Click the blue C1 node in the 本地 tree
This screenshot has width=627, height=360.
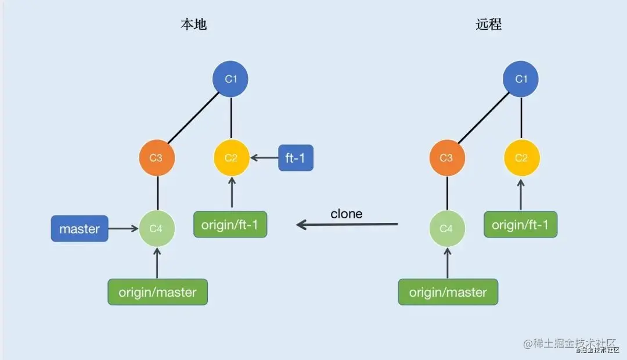pyautogui.click(x=231, y=78)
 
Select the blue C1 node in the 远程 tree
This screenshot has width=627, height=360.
pyautogui.click(x=521, y=78)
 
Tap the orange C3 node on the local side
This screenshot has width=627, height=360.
pyautogui.click(x=157, y=158)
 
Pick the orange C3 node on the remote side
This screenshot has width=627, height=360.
pyautogui.click(x=446, y=158)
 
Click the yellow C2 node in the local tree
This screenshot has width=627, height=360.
pyautogui.click(x=231, y=158)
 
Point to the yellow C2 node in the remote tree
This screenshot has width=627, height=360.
pyautogui.click(x=521, y=158)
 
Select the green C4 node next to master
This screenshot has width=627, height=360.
pyautogui.click(x=157, y=228)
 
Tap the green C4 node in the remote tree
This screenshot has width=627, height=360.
pyautogui.click(x=446, y=228)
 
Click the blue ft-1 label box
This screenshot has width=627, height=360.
pyautogui.click(x=296, y=158)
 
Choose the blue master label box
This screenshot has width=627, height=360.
pyautogui.click(x=80, y=229)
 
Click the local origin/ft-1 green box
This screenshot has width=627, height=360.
pyautogui.click(x=230, y=225)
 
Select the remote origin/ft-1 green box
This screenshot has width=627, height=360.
pyautogui.click(x=520, y=225)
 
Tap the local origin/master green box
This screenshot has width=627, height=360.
pyautogui.click(x=157, y=292)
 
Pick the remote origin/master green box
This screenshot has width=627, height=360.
pyautogui.click(x=448, y=292)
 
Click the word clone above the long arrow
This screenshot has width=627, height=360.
pyautogui.click(x=347, y=214)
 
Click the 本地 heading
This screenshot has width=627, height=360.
pyautogui.click(x=193, y=24)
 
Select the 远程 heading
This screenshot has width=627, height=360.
pyautogui.click(x=488, y=24)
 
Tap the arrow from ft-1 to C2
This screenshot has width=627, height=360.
pyautogui.click(x=264, y=157)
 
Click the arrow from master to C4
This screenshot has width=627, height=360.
pyautogui.click(x=124, y=228)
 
